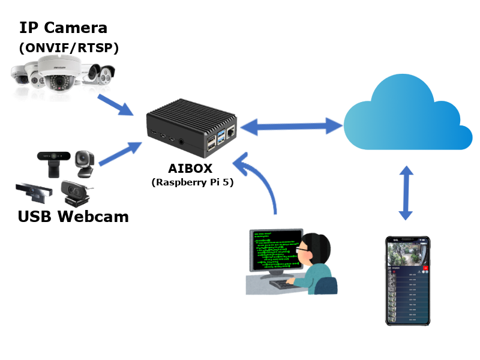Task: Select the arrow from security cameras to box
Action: [116, 104]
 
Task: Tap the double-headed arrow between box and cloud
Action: [292, 126]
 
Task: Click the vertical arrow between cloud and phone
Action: [407, 194]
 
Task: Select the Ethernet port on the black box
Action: [229, 142]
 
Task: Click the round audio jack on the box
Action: [181, 142]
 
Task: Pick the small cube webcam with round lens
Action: [84, 161]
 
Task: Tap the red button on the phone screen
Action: [425, 269]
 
